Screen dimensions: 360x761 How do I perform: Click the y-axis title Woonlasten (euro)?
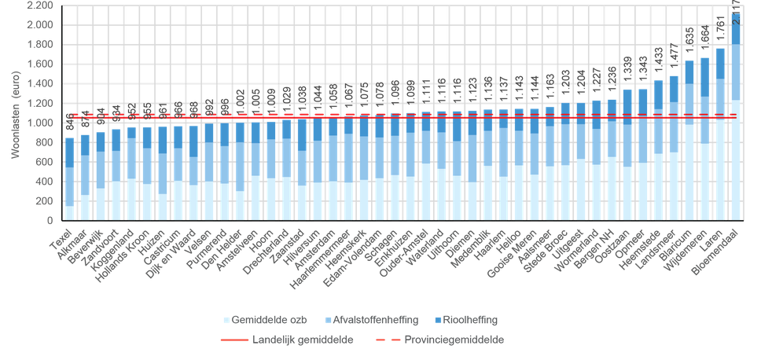click(x=15, y=114)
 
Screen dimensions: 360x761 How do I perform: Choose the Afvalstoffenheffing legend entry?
click(x=380, y=320)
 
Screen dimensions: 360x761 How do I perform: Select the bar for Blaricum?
click(x=689, y=141)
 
